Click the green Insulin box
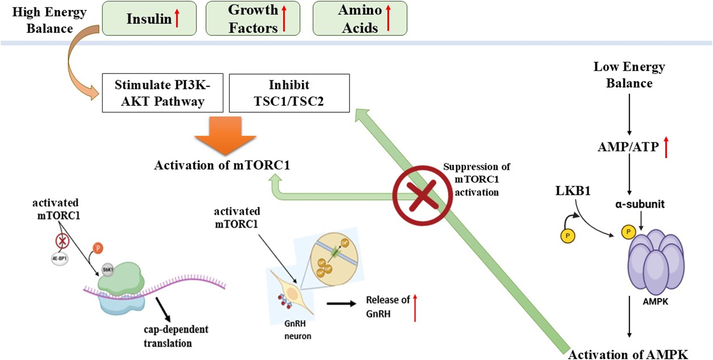[x=149, y=18]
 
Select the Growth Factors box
[x=253, y=18]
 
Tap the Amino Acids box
[x=359, y=18]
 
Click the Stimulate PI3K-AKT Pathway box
[x=163, y=93]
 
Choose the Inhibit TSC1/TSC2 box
[x=289, y=93]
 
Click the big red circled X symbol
[x=422, y=195]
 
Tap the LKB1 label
[x=573, y=191]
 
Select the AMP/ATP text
[x=628, y=147]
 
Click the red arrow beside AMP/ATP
[x=666, y=147]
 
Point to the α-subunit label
[x=640, y=204]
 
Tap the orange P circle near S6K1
[x=98, y=248]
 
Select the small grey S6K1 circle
[x=108, y=269]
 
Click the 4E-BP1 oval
[x=60, y=258]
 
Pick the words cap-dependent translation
[x=176, y=336]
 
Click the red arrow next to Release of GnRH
[x=415, y=308]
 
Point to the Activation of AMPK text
[x=628, y=354]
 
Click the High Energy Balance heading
[x=49, y=20]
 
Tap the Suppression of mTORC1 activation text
[x=476, y=179]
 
